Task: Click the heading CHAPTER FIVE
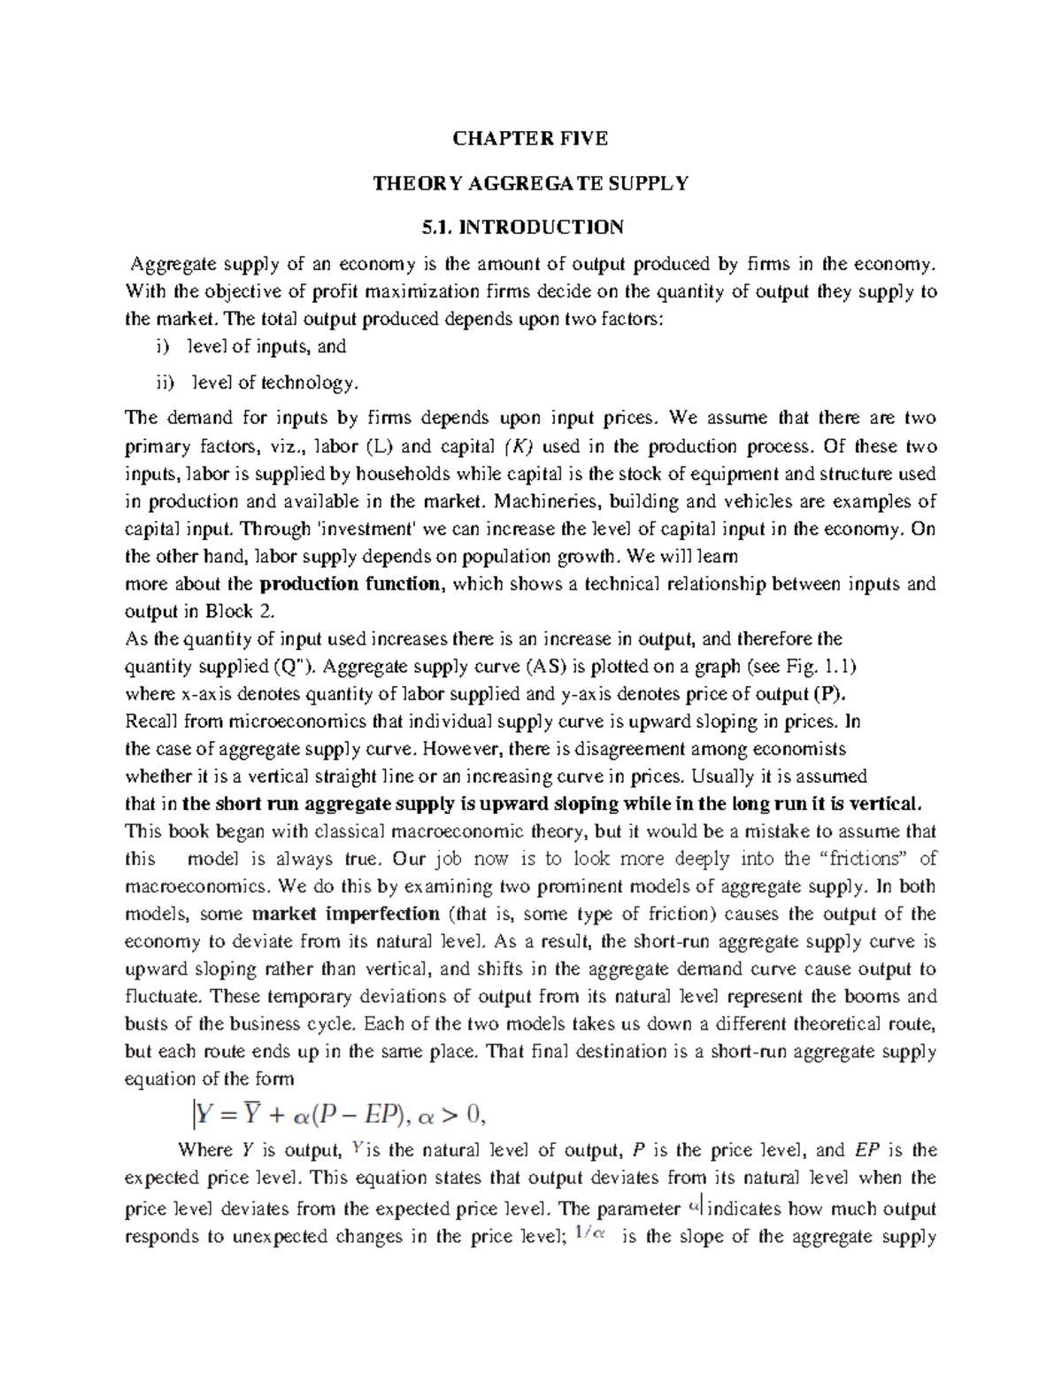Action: point(530,138)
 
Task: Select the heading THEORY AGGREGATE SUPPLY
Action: point(530,183)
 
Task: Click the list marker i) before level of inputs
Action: point(162,347)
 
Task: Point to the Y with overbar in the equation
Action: point(252,1115)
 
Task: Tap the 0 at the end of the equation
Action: point(473,1116)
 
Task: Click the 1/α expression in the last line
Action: point(590,1236)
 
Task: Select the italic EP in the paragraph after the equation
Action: point(867,1151)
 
